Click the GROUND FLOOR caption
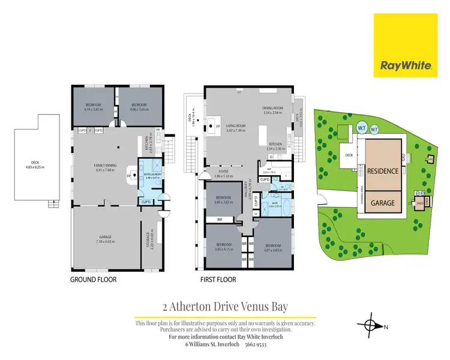pos(93,280)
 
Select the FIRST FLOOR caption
pos(219,280)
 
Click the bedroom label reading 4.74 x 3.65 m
pos(94,109)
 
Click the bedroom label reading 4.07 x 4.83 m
pos(272,247)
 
